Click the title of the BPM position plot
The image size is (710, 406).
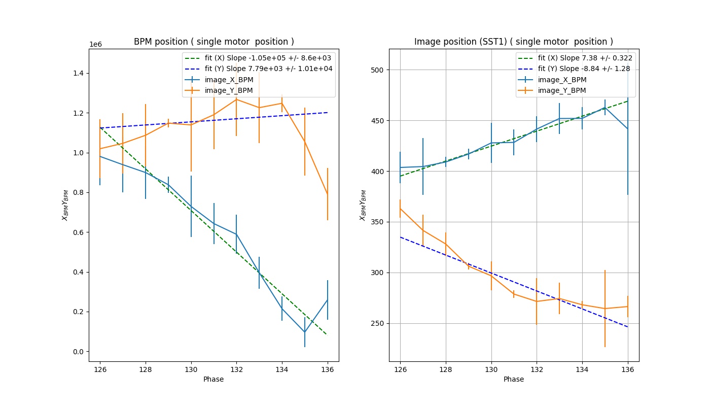[214, 42]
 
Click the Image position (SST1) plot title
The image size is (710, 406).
[514, 42]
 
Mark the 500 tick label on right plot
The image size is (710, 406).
[378, 70]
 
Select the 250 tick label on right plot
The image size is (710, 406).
[378, 323]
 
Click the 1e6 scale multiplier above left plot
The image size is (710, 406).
[96, 44]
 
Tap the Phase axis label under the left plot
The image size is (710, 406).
[214, 379]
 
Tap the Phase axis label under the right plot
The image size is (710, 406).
[514, 379]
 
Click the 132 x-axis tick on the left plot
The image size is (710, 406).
[236, 369]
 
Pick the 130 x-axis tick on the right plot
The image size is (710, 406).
[491, 369]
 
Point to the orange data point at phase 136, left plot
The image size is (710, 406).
[328, 194]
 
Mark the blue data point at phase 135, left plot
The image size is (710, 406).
[305, 332]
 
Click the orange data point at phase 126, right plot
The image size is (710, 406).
[400, 209]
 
